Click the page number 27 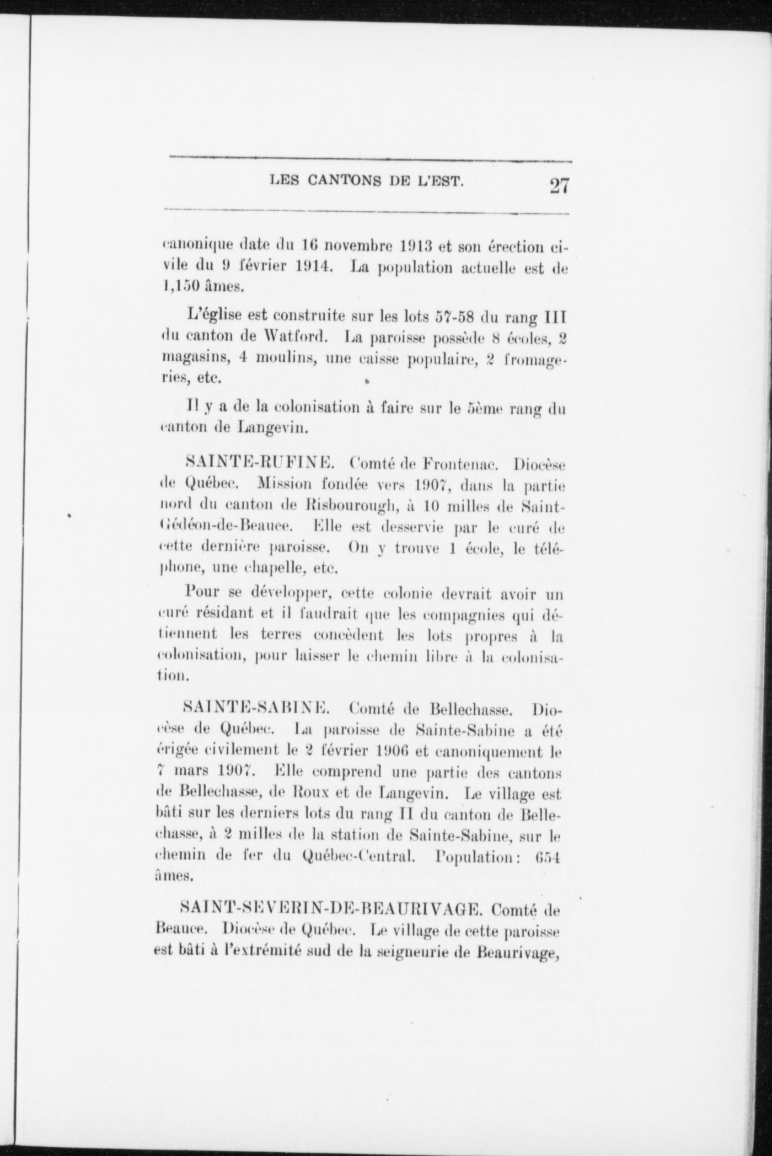pyautogui.click(x=558, y=185)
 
